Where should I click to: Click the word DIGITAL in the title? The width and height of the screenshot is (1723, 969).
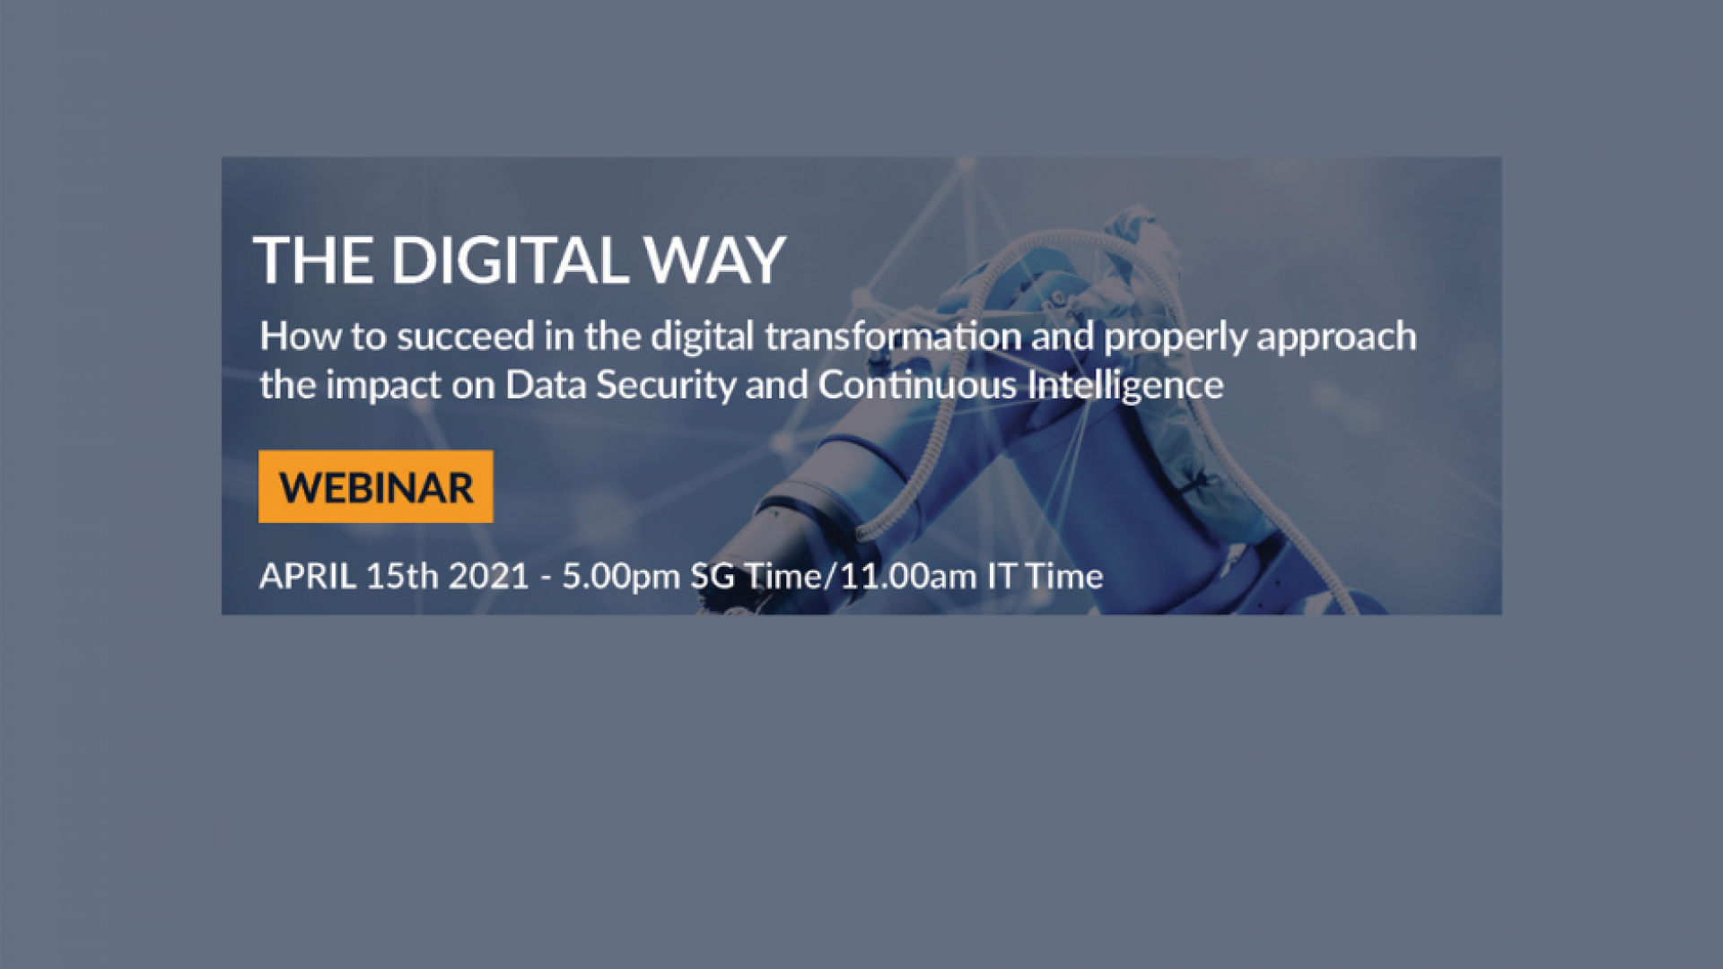(509, 261)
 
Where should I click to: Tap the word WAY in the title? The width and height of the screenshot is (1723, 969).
(714, 261)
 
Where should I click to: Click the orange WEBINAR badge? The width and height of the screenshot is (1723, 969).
(375, 486)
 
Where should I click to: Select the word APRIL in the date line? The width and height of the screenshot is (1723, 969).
(308, 576)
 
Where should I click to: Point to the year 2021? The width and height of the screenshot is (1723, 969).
(489, 576)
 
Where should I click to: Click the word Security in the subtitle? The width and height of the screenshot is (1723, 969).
(666, 386)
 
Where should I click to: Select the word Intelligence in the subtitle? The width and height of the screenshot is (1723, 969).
(1125, 386)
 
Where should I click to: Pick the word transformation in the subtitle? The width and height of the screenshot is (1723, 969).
(893, 336)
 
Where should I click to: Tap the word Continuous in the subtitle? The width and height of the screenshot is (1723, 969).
(917, 386)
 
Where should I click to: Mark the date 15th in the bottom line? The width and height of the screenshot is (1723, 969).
(402, 576)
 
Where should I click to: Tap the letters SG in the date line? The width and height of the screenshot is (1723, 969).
(713, 576)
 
